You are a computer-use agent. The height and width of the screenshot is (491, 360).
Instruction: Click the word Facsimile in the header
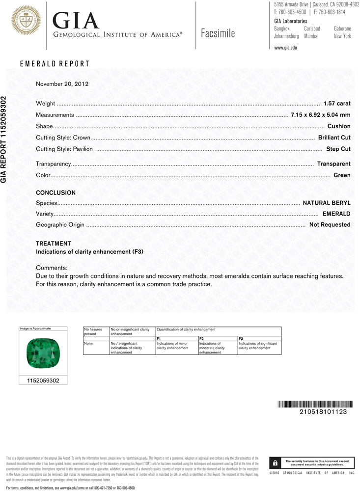[218, 34]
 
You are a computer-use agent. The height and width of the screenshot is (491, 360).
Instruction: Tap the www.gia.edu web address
[286, 48]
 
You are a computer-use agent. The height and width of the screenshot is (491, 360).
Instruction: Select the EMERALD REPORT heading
[55, 64]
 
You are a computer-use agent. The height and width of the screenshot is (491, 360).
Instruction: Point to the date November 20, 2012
[62, 84]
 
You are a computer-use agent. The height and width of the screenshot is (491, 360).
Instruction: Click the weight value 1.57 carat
[337, 104]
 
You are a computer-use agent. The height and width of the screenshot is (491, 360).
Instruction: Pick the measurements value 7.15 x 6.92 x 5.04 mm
[320, 115]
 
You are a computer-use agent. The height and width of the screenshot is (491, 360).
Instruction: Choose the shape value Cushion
[339, 126]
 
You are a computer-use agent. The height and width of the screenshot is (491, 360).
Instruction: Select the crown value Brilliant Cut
[334, 137]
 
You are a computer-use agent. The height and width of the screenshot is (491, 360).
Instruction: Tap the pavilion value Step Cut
[338, 149]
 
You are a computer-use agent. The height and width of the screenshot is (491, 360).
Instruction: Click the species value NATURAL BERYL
[326, 202]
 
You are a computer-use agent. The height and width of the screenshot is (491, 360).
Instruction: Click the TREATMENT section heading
[54, 244]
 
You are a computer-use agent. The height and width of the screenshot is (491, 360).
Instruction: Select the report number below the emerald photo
[42, 380]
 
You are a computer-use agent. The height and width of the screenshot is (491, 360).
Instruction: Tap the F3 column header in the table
[241, 339]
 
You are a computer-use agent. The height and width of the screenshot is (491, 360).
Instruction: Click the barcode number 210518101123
[323, 412]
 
